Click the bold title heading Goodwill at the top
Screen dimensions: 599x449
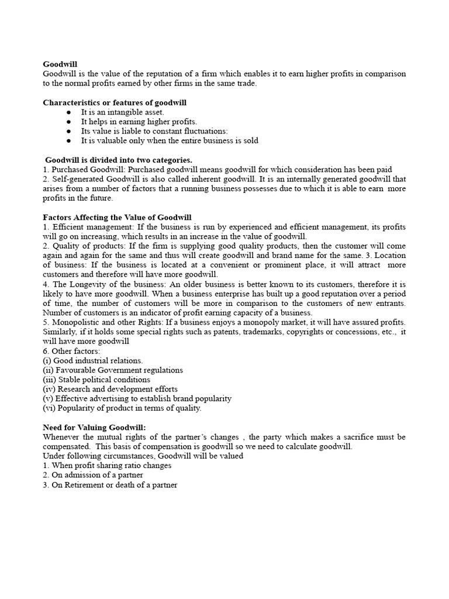pyautogui.click(x=60, y=64)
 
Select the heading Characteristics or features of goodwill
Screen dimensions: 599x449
pyautogui.click(x=115, y=102)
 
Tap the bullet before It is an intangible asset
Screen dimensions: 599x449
pyautogui.click(x=69, y=112)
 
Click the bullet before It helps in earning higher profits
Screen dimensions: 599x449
pyautogui.click(x=69, y=122)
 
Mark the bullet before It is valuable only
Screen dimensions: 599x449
pyautogui.click(x=69, y=140)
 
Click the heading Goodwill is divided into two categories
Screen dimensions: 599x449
pyautogui.click(x=119, y=160)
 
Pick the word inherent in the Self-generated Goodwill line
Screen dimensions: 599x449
pyautogui.click(x=211, y=179)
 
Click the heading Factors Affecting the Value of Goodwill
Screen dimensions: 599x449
pyautogui.click(x=117, y=217)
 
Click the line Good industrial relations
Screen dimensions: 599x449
pyautogui.click(x=93, y=360)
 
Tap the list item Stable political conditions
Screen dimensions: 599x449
pyautogui.click(x=96, y=380)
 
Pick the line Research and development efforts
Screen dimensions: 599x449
pyautogui.click(x=110, y=389)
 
